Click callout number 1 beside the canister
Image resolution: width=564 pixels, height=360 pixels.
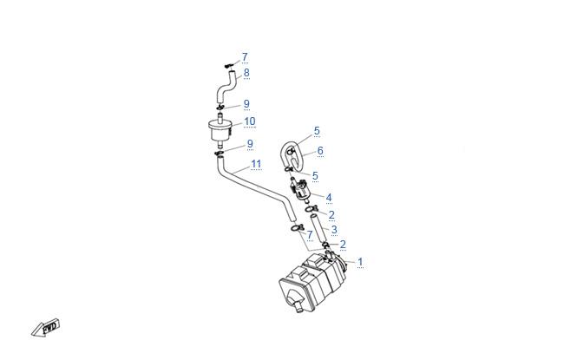360,262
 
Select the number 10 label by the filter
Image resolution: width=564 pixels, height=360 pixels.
250,121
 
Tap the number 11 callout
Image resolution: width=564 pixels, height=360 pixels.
256,164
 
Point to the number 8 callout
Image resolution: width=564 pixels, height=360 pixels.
246,73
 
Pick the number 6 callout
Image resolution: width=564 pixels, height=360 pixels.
320,151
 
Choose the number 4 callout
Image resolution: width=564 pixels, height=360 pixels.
329,198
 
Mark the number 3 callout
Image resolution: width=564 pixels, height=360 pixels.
334,230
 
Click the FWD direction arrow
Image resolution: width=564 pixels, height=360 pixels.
45,328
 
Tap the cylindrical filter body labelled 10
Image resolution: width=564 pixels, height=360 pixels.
220,130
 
